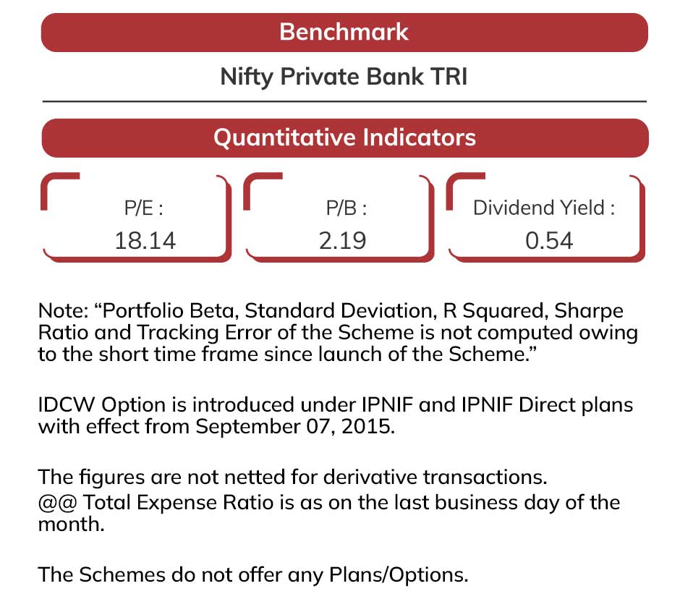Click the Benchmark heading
tap(344, 32)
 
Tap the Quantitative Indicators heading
tap(345, 137)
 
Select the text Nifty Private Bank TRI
tap(344, 77)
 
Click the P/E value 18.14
tap(145, 241)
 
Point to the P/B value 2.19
tap(343, 241)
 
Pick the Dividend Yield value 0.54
tap(549, 241)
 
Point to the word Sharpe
tap(589, 311)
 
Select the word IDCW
tap(67, 404)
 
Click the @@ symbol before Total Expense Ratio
tap(57, 503)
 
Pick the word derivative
tap(370, 477)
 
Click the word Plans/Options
tap(399, 575)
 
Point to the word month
tap(71, 524)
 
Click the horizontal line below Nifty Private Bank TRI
tap(344, 101)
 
